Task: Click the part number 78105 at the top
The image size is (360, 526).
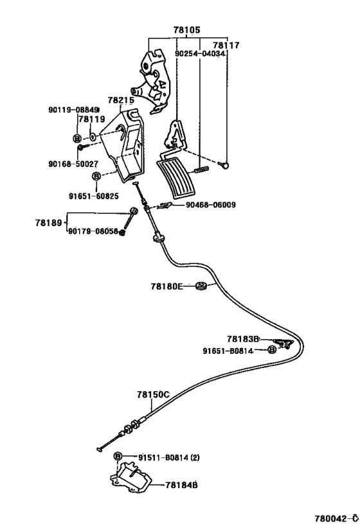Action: coord(186,30)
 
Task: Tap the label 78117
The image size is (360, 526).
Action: coord(226,46)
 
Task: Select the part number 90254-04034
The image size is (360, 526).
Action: coord(200,54)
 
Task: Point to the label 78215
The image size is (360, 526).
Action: coord(121,100)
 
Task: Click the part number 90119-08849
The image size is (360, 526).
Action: coord(73,110)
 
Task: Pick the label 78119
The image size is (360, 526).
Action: coord(92,119)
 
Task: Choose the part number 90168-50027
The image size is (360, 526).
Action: coord(73,164)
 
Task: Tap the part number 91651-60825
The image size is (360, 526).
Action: coord(94,196)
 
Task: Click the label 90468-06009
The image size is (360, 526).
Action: coord(211,205)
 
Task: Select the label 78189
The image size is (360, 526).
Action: coord(48,222)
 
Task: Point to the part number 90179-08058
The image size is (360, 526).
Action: coord(93,231)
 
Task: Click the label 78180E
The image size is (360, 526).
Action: coord(167,286)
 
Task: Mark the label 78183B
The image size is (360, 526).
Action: coord(243,339)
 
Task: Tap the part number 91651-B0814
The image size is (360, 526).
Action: coord(228,351)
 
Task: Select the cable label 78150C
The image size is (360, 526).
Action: coord(153,395)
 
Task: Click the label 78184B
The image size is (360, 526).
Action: coord(181,485)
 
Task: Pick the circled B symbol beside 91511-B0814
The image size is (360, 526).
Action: coord(118,456)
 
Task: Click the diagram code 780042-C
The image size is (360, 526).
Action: coord(334,518)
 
